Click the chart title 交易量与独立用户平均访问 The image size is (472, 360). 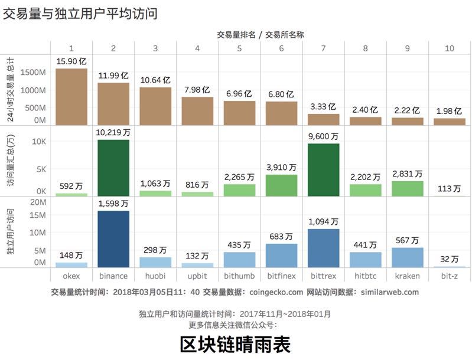pos(80,14)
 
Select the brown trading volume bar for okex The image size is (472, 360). pos(71,96)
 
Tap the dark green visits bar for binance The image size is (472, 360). pos(113,168)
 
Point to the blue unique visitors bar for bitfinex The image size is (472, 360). pos(281,255)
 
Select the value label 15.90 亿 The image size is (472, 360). pos(72,61)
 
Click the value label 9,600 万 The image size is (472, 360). pos(324,136)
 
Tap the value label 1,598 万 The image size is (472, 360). pos(113,204)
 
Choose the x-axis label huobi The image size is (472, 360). pos(155,276)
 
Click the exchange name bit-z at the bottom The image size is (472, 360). pos(450,276)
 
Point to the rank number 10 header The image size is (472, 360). pos(450,48)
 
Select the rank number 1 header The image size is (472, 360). pos(71,48)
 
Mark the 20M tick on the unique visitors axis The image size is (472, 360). pos(38,202)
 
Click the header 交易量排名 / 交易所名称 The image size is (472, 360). pos(260,35)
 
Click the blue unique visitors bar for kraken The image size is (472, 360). pos(408,257)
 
